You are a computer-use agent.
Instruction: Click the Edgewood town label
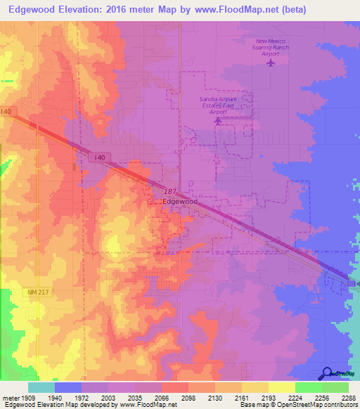tap(180, 202)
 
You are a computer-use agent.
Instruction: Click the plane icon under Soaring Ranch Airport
tap(271, 63)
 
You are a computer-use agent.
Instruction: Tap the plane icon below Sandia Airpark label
tap(218, 121)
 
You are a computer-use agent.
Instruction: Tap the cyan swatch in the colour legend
tap(41, 387)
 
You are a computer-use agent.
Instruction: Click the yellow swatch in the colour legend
tap(282, 387)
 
